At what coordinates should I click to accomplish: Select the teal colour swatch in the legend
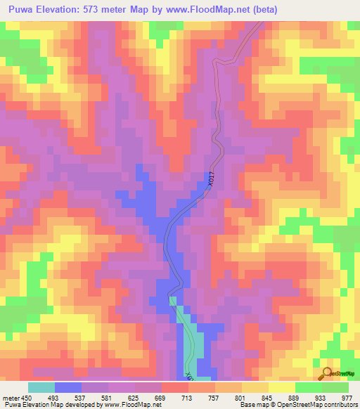[41, 387]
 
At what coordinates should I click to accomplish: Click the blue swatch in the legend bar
[68, 387]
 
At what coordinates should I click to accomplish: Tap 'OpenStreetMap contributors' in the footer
[318, 405]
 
